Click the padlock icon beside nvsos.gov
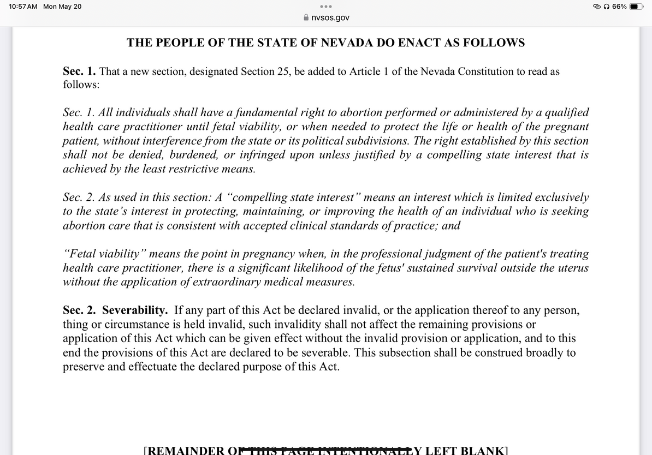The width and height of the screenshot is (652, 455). click(306, 18)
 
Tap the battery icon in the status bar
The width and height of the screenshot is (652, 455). click(637, 7)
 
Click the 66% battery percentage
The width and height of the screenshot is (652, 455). click(619, 7)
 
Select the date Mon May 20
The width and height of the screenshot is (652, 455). click(62, 7)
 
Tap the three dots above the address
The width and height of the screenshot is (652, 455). click(326, 7)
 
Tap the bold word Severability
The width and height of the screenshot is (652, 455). click(135, 310)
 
